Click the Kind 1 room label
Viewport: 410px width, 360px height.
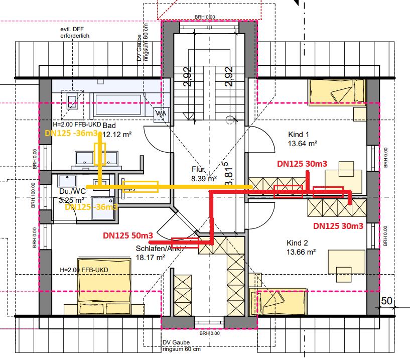click(298, 135)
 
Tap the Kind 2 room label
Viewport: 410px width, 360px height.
click(299, 243)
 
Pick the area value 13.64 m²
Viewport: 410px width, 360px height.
click(302, 144)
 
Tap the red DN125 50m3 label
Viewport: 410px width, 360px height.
click(128, 235)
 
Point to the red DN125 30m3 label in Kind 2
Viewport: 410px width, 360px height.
click(338, 226)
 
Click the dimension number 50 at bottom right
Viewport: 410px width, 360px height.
click(386, 301)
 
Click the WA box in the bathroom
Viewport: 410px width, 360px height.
click(161, 113)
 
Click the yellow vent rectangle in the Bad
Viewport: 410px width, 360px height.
click(99, 154)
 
